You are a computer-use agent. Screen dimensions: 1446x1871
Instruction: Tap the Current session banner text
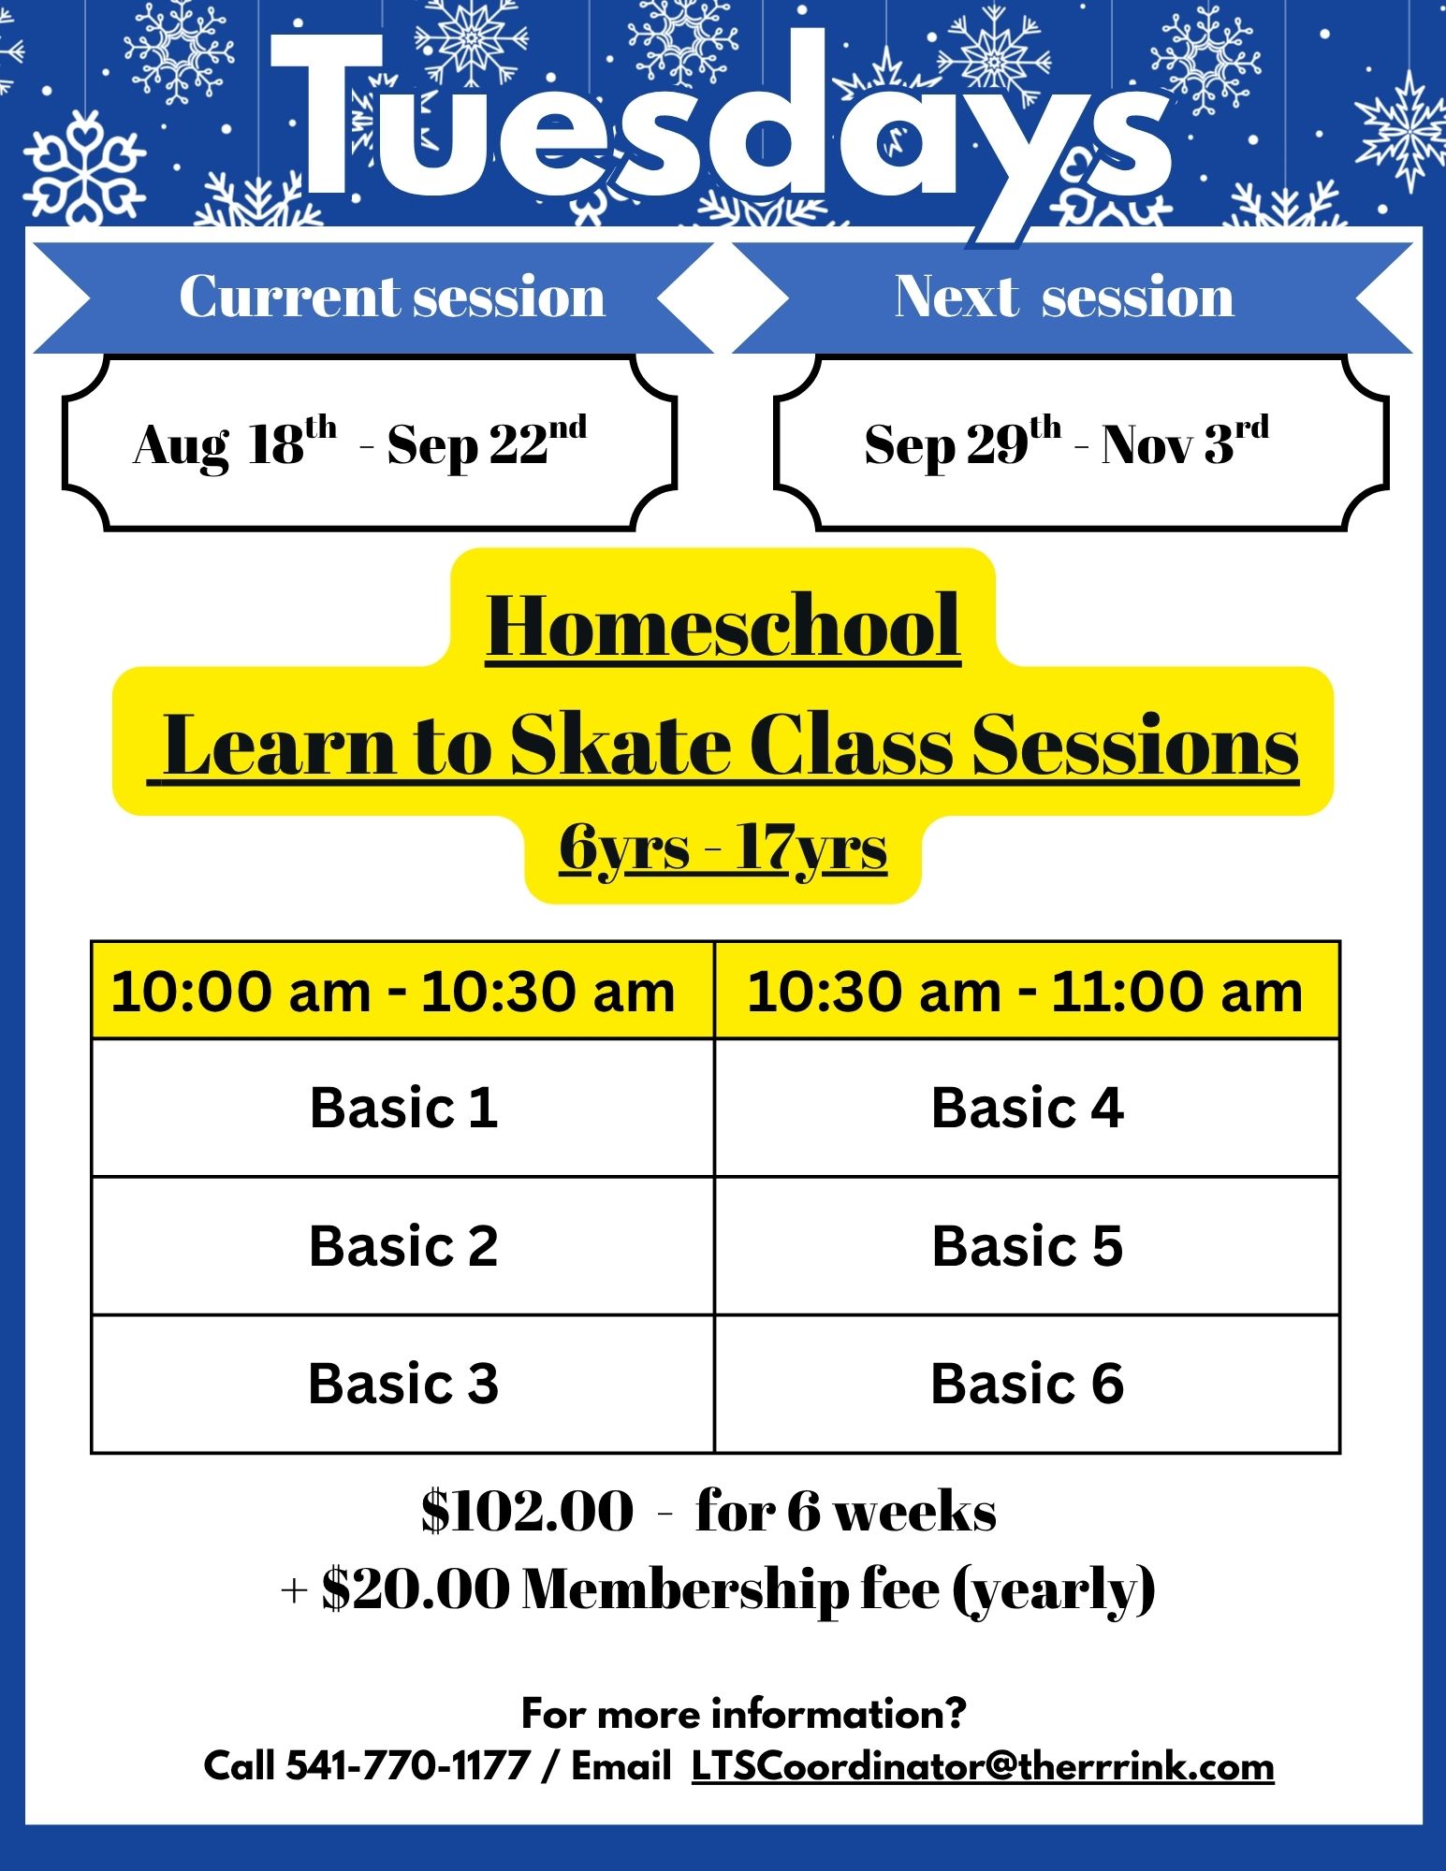point(392,297)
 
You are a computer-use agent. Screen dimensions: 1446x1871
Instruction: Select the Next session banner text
point(1064,297)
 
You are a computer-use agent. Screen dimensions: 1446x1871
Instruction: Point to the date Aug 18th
point(235,442)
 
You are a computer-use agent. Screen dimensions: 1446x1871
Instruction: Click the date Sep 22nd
point(487,442)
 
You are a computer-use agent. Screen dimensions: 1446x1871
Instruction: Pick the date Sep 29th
point(963,442)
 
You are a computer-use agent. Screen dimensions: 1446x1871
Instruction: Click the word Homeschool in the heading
point(723,628)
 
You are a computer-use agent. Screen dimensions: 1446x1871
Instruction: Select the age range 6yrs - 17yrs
point(723,848)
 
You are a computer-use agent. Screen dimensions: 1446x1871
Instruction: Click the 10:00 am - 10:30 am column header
point(393,992)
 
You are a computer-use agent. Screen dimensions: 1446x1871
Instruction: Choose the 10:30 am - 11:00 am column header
point(1025,992)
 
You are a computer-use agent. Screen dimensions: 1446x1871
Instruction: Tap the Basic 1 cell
point(403,1108)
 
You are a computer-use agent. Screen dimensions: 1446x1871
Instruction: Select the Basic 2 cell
point(403,1246)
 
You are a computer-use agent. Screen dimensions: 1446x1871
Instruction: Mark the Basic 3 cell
point(403,1384)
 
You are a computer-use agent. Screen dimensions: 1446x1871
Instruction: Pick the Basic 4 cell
point(1028,1108)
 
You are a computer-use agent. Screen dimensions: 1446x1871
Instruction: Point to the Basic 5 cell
point(1028,1246)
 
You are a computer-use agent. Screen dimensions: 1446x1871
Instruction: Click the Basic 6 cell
point(1028,1384)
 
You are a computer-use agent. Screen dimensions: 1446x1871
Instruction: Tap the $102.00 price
point(527,1511)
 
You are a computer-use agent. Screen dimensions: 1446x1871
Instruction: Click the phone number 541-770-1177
point(408,1766)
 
